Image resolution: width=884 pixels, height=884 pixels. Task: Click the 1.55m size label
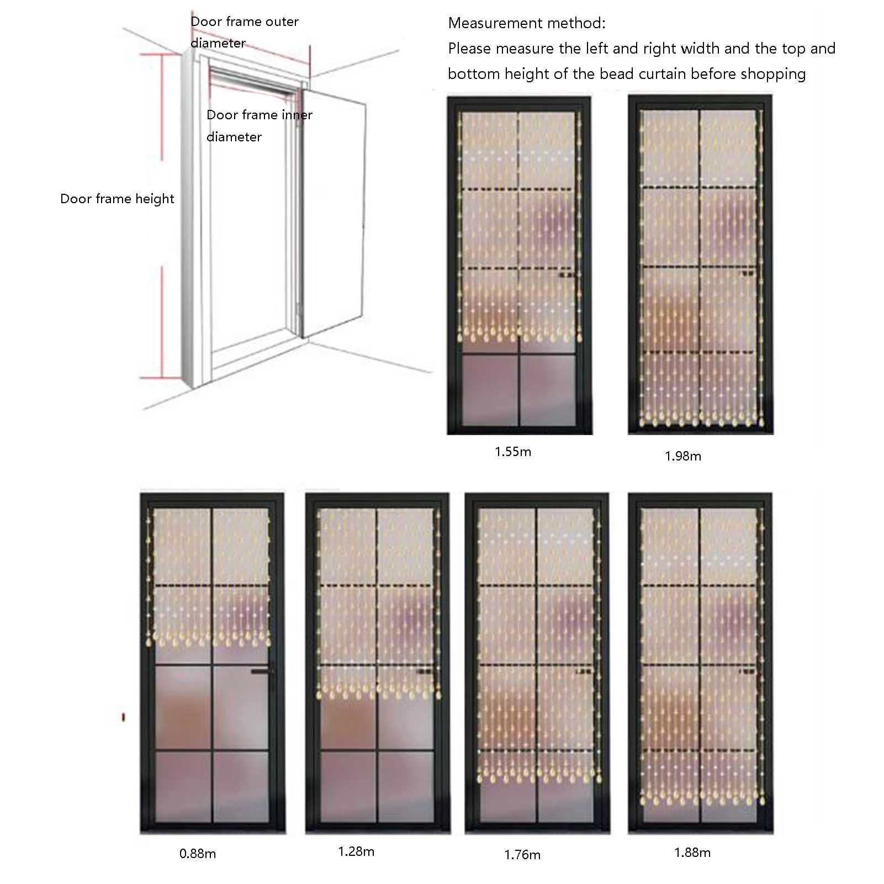tap(513, 452)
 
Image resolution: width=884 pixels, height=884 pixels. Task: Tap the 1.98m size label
tap(683, 456)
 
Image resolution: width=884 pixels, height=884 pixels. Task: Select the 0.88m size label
tap(198, 854)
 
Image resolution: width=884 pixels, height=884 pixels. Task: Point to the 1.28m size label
tap(356, 851)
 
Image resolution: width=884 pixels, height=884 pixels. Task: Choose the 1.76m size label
tap(522, 855)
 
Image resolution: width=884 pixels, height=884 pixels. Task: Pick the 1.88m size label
tap(692, 853)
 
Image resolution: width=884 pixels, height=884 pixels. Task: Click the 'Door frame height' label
tap(117, 199)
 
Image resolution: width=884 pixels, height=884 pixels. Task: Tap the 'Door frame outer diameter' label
tap(245, 32)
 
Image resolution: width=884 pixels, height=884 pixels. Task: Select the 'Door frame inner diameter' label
tap(260, 126)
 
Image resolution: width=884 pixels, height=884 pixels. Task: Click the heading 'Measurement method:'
tap(527, 23)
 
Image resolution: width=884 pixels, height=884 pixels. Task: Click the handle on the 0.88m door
tap(262, 671)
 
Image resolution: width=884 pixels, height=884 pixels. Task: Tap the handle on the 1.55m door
tap(566, 274)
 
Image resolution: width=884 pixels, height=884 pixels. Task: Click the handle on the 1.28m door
tap(425, 671)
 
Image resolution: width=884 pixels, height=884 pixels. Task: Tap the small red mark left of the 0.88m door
tap(123, 717)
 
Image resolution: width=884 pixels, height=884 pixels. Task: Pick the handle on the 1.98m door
tap(748, 272)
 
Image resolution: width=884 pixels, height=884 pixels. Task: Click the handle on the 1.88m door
tap(748, 671)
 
